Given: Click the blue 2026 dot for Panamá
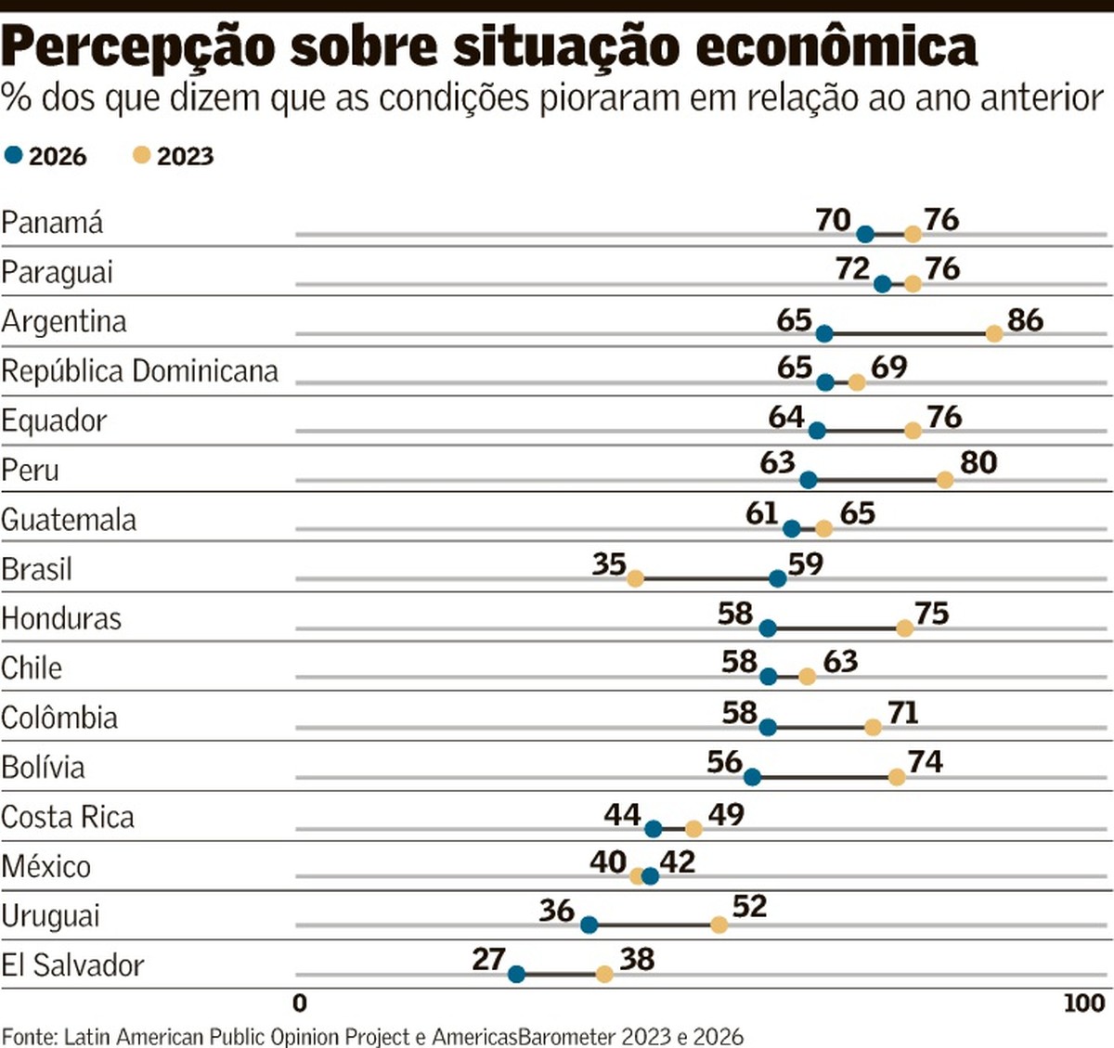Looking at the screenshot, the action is (x=865, y=235).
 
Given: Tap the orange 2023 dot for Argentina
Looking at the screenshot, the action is (x=994, y=334).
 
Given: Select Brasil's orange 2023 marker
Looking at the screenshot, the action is (x=635, y=578).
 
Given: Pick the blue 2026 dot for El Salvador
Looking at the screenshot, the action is (x=516, y=975).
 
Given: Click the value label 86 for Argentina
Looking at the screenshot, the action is (x=1026, y=320).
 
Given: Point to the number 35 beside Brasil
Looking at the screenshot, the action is (x=609, y=564).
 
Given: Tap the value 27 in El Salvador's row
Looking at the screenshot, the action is (x=488, y=960).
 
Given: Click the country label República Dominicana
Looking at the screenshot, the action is (x=139, y=371).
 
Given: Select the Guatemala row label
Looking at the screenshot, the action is (x=69, y=520).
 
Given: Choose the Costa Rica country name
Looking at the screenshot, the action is (x=68, y=818).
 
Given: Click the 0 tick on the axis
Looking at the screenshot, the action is (x=300, y=1003).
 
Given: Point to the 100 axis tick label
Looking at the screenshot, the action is (x=1085, y=1003).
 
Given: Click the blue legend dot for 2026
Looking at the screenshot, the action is (x=14, y=155).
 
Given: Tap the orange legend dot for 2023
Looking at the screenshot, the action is (x=142, y=155).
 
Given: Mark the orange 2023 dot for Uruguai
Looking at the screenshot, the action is (x=719, y=925).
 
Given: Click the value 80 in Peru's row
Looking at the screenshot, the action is (x=978, y=463).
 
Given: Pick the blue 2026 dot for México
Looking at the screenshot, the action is (x=650, y=875).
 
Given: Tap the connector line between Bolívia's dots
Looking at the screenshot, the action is (x=824, y=778).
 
